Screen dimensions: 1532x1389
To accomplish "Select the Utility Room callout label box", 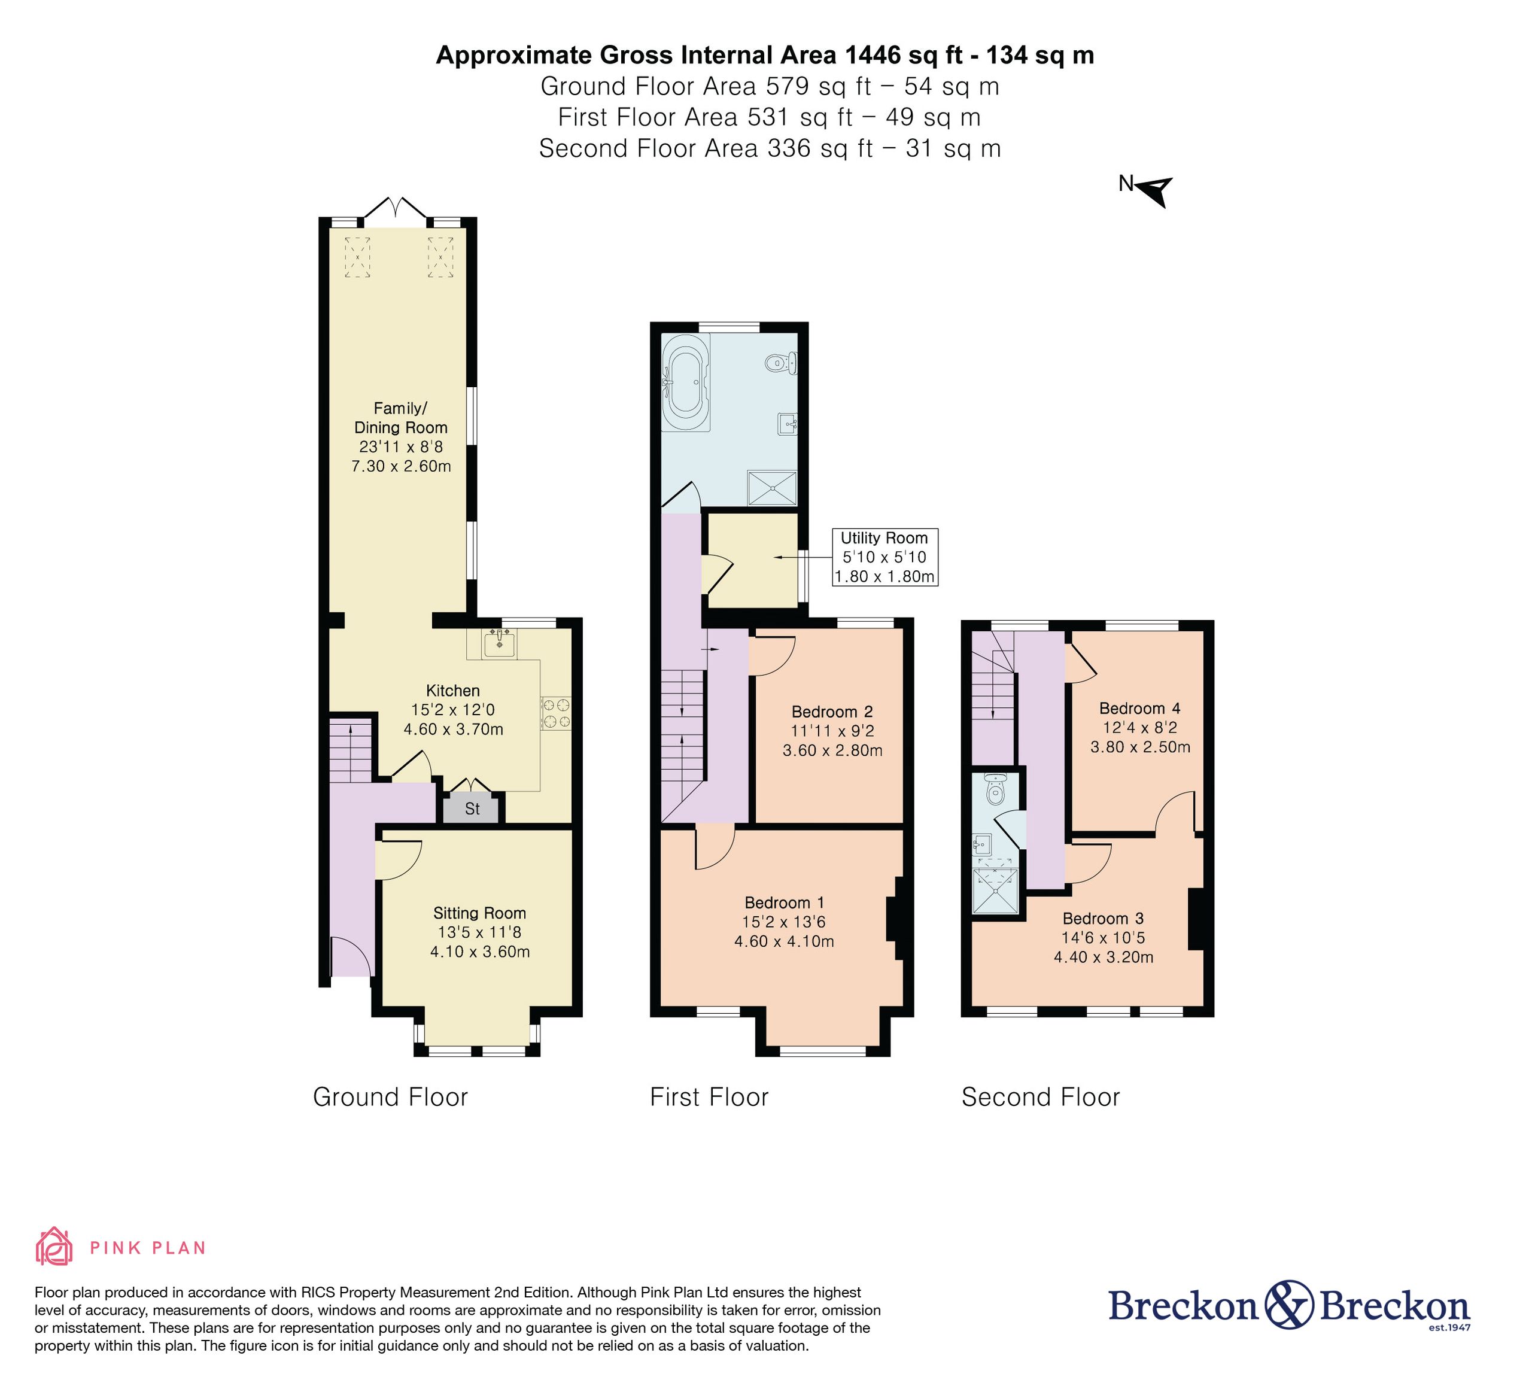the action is tap(884, 557).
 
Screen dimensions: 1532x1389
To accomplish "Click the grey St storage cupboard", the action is tap(472, 809).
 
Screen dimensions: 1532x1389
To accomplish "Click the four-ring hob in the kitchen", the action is tap(555, 713).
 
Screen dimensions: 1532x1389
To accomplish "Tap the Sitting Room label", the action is tap(479, 913).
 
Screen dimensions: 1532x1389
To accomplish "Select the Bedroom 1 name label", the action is tap(784, 902).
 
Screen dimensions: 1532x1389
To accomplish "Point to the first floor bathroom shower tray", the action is tap(773, 488).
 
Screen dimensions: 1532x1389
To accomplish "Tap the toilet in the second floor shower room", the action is tap(995, 790).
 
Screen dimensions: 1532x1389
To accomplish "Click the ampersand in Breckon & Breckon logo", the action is tap(1290, 1304).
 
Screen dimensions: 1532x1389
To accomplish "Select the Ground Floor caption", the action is tap(391, 1097).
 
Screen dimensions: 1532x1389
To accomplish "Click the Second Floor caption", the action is tap(1040, 1097).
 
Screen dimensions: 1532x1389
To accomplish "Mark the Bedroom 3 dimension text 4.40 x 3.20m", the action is tap(1104, 957).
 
